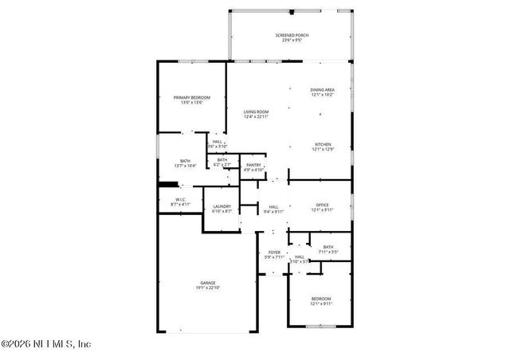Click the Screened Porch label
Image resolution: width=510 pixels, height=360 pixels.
[x=292, y=36]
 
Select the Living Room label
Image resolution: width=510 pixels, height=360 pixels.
[x=256, y=112]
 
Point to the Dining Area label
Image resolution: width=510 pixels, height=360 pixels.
[x=322, y=89]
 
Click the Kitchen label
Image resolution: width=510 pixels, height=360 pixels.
[x=322, y=144]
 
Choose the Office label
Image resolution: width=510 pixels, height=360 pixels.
[x=322, y=205]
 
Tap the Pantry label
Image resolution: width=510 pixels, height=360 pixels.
[x=253, y=165]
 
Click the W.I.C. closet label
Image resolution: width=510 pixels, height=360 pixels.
[x=181, y=200]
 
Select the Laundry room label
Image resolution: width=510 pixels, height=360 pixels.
[x=222, y=206]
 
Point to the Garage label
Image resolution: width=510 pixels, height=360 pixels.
[x=210, y=282]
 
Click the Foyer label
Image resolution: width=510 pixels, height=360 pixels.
[x=274, y=252]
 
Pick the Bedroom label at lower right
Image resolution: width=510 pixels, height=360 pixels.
[x=322, y=299]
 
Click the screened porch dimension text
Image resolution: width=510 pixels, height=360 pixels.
[x=292, y=41]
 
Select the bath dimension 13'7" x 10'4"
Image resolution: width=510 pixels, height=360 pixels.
[x=185, y=165]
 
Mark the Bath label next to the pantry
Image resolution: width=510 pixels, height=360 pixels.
[x=222, y=159]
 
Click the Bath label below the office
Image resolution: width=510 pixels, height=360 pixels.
[x=328, y=247]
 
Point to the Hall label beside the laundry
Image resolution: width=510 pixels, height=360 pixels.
[x=274, y=206]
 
